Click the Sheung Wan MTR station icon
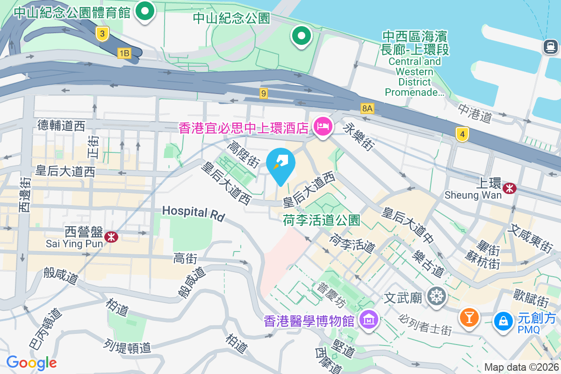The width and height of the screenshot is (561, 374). pos(510,188)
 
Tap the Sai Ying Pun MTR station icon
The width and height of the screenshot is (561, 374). pos(111,237)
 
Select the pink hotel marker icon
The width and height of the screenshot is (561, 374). pos(323,126)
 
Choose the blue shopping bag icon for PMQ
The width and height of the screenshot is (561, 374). pos(503,321)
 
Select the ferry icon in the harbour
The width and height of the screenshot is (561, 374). pos(549,46)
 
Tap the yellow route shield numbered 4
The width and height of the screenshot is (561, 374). pos(462,135)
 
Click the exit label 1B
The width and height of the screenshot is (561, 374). pos(123,53)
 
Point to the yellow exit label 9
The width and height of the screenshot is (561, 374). pos(264,93)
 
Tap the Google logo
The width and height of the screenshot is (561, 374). pos(31,363)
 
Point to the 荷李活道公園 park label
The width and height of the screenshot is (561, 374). pos(322,220)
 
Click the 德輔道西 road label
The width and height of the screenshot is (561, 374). pos(62,125)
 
